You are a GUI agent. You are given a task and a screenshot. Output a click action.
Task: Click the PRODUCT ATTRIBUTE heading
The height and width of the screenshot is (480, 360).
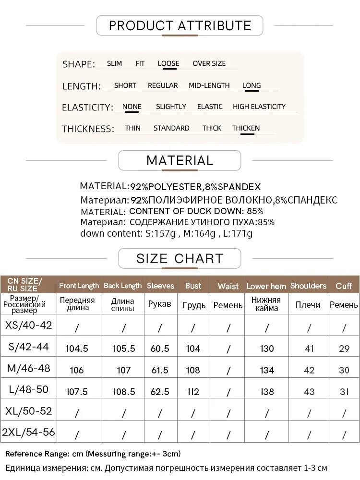coord(180,25)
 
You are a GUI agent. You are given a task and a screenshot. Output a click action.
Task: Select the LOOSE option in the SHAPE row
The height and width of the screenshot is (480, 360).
coord(168,63)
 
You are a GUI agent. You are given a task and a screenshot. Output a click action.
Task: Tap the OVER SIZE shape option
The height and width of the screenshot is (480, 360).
coord(209,63)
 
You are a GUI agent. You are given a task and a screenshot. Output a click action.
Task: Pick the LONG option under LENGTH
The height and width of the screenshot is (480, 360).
coord(252,85)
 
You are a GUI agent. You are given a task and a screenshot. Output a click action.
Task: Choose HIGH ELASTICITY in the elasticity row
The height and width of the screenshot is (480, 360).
coord(259,107)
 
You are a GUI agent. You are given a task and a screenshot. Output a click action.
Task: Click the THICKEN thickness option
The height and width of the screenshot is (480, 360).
coord(246,128)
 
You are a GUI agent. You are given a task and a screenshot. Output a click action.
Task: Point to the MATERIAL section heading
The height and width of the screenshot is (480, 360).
coord(180,160)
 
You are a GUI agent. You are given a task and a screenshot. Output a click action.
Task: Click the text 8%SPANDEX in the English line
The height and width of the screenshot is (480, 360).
coord(232,187)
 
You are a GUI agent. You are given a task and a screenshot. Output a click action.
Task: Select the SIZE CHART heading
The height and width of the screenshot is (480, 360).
coord(180,258)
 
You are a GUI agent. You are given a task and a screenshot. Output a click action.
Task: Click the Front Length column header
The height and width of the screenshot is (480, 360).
coord(79,286)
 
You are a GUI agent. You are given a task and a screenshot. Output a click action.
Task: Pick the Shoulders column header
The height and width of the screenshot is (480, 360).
coord(308,286)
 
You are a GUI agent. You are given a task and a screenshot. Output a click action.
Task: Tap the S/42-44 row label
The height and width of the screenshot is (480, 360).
coord(28,347)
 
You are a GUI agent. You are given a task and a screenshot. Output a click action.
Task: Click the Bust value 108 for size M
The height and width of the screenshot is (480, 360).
coord(193,370)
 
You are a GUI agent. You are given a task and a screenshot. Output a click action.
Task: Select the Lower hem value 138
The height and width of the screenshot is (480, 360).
coord(267,392)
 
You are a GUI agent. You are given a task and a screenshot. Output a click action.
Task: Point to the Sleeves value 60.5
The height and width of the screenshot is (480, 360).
coord(160,349)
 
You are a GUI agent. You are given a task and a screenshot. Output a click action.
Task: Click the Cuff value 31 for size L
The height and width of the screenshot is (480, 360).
coord(344,392)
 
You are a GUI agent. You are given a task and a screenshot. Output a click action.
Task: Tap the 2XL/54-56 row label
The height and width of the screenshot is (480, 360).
coord(28,432)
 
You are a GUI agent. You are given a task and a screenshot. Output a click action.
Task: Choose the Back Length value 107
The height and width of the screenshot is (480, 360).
coord(123,370)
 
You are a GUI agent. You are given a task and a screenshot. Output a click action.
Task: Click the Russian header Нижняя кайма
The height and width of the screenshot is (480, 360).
coord(267,304)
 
